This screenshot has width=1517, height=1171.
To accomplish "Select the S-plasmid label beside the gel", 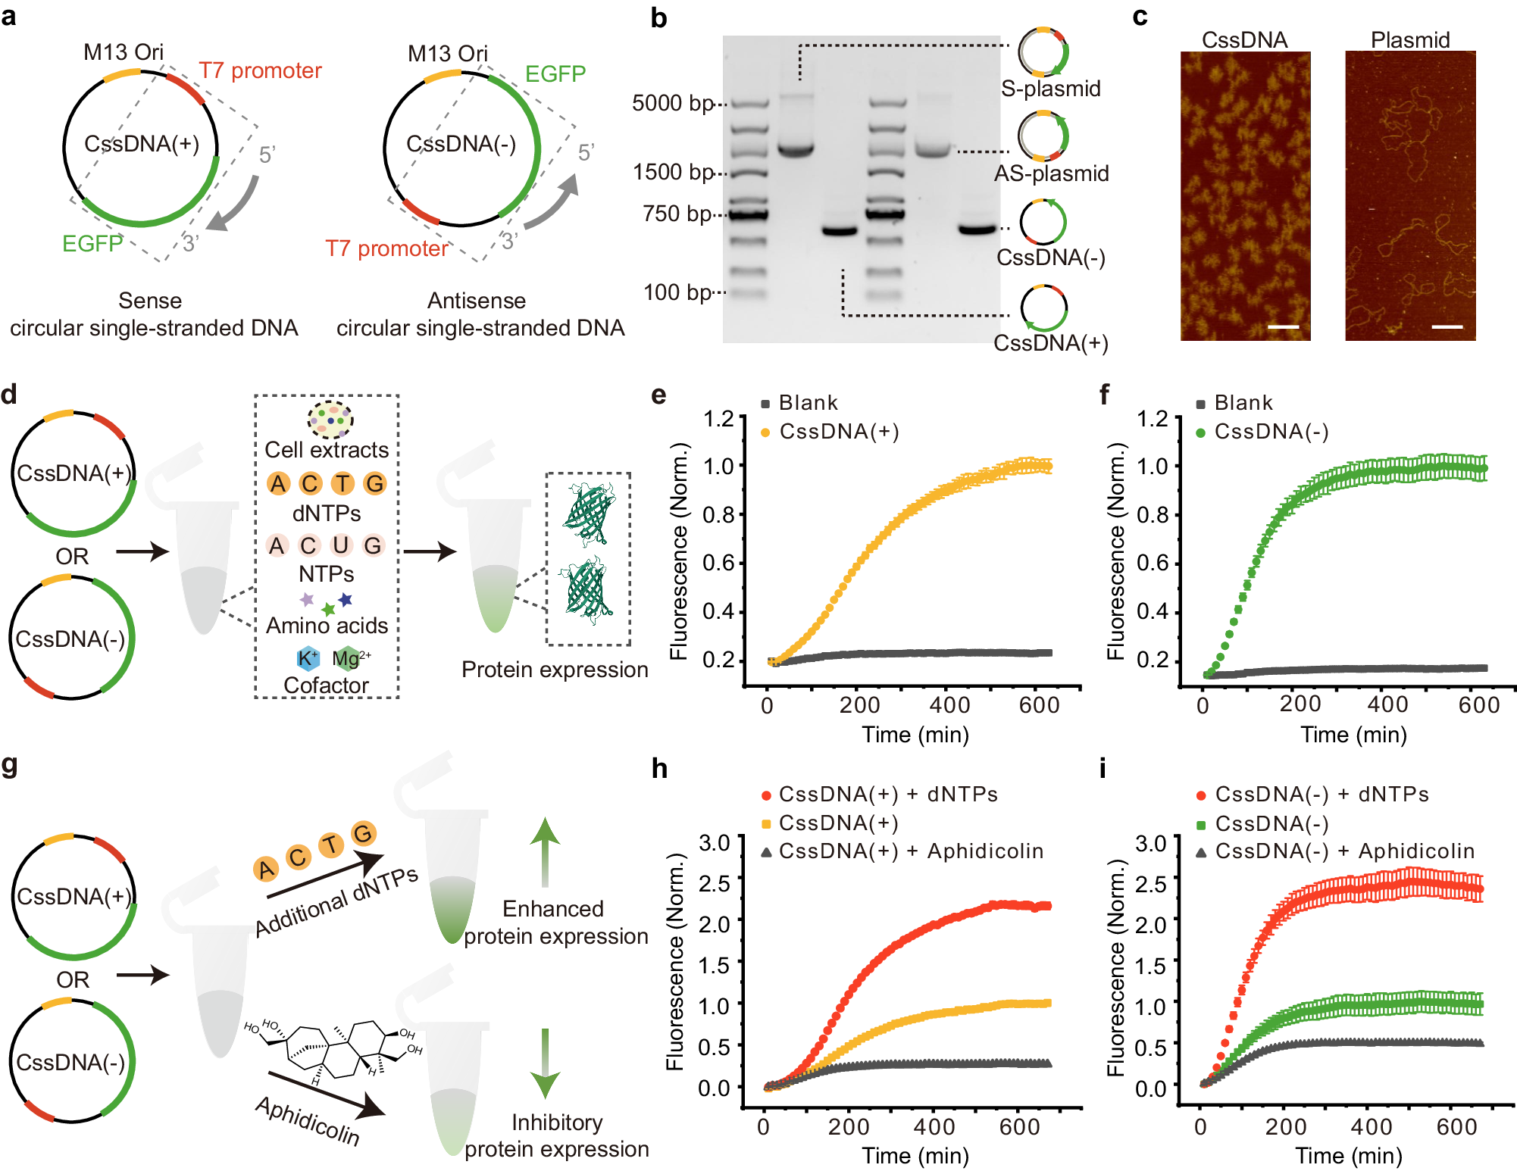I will pyautogui.click(x=1050, y=89).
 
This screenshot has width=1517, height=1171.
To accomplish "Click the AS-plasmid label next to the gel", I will pyautogui.click(x=1051, y=173).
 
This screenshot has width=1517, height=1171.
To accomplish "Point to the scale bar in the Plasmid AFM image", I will pyautogui.click(x=1447, y=327).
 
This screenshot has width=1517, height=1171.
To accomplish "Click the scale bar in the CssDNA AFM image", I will pyautogui.click(x=1283, y=327).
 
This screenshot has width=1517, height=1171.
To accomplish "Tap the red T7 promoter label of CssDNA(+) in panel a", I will pyautogui.click(x=260, y=70).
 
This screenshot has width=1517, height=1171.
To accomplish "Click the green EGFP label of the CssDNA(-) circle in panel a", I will pyautogui.click(x=555, y=73).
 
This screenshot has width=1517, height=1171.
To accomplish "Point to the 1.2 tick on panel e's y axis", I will pyautogui.click(x=718, y=419).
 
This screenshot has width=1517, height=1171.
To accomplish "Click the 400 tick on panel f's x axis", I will pyautogui.click(x=1387, y=704).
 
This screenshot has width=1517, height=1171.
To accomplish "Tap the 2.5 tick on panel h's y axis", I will pyautogui.click(x=714, y=883).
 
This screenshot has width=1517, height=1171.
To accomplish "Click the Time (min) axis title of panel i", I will pyautogui.click(x=1348, y=1156).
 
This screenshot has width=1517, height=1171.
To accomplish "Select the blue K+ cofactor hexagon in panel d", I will pyautogui.click(x=307, y=658).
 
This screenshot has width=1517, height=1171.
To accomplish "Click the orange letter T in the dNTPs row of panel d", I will pyautogui.click(x=342, y=483).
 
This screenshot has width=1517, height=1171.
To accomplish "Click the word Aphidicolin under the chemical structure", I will pyautogui.click(x=307, y=1120).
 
